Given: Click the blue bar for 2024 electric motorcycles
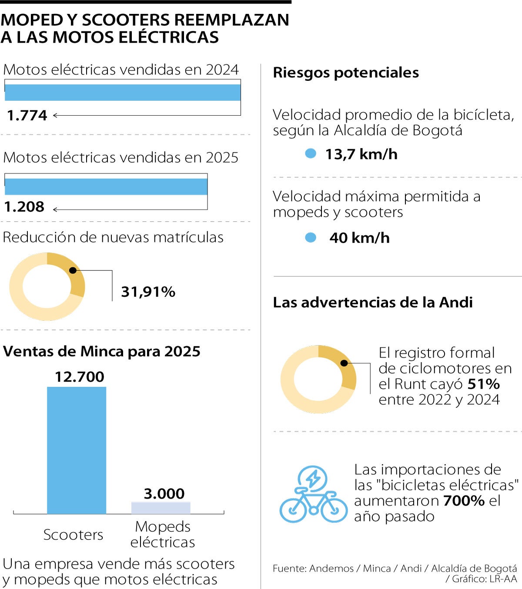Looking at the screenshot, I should click(x=123, y=92).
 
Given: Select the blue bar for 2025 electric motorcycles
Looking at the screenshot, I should click(x=106, y=186).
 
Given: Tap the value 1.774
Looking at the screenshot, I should click(x=27, y=115).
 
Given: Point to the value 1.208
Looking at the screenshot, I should click(x=24, y=206).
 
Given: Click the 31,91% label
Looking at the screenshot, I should click(x=148, y=292).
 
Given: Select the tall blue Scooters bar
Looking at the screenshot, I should click(x=77, y=450).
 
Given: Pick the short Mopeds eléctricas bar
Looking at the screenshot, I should click(x=161, y=508).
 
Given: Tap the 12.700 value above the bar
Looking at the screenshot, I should click(x=80, y=376).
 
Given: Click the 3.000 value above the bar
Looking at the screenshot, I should click(x=164, y=493).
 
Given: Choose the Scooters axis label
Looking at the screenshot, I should click(x=73, y=534).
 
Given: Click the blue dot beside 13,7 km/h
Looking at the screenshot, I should click(x=311, y=153).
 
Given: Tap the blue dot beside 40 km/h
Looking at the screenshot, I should click(x=311, y=237).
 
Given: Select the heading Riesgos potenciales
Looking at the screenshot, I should click(x=346, y=73).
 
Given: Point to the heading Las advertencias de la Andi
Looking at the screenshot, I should click(x=372, y=302).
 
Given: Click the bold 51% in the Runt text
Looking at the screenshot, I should click(x=483, y=384).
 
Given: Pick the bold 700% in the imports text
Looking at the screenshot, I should click(x=464, y=500).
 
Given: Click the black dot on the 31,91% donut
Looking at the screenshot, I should click(x=73, y=270).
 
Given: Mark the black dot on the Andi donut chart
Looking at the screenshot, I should click(x=344, y=363).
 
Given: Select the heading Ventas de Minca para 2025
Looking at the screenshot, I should click(x=102, y=351).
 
